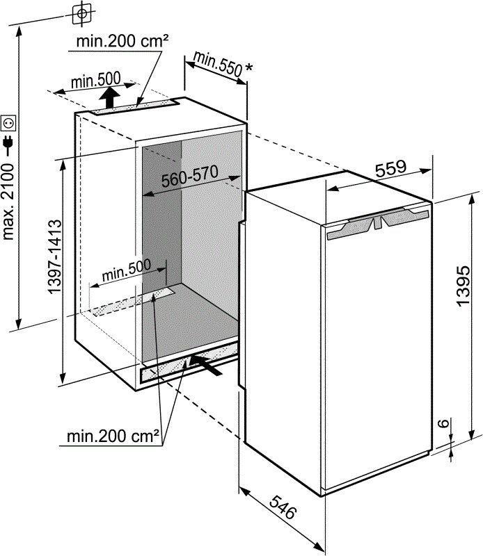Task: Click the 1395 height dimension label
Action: (463, 286)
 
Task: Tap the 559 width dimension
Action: (390, 168)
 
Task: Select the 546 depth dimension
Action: (283, 507)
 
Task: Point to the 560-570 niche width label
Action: (189, 177)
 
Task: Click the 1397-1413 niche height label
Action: (55, 257)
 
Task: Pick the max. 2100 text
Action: (8, 202)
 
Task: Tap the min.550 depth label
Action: (218, 64)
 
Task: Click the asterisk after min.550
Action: (249, 67)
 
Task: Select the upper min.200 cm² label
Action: (122, 42)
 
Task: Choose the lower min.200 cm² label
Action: (113, 436)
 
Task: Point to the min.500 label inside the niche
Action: (127, 270)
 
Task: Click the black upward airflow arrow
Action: (109, 97)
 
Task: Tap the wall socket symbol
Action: (8, 123)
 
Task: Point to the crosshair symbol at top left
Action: (82, 13)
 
